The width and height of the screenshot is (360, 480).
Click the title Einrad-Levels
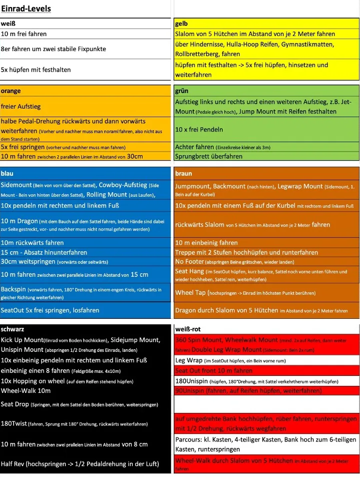[x=26, y=9]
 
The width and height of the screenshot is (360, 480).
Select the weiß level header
[x=8, y=24]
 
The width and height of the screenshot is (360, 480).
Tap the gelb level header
[x=181, y=24]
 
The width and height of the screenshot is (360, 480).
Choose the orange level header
[x=11, y=91]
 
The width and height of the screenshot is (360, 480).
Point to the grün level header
[x=182, y=91]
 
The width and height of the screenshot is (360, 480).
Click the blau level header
[x=8, y=173]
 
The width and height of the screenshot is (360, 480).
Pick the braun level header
[x=184, y=173]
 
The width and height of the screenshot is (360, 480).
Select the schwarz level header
[x=13, y=329]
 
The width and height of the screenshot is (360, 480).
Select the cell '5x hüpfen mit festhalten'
[x=36, y=70]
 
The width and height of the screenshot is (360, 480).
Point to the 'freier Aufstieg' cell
[x=21, y=106]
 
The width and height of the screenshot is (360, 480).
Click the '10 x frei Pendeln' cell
[x=199, y=129]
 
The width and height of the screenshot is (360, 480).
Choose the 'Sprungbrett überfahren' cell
[x=209, y=156]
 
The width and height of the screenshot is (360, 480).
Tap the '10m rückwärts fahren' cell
[x=33, y=243]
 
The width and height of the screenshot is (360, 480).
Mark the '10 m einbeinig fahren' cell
[x=206, y=243]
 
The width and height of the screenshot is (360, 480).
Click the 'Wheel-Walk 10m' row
[x=26, y=390]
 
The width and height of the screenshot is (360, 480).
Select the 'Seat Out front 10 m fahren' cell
[x=214, y=370]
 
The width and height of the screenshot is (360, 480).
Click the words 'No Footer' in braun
[x=190, y=262]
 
